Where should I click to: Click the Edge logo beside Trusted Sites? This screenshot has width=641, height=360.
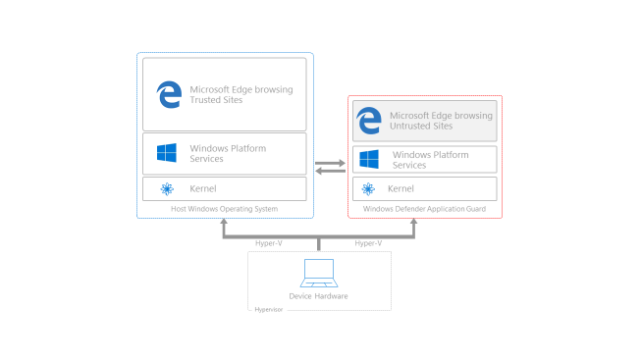[169, 94]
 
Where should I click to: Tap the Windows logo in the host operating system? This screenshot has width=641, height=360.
[167, 154]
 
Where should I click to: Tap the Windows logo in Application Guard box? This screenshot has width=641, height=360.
[369, 159]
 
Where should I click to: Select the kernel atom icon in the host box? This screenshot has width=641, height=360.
[167, 188]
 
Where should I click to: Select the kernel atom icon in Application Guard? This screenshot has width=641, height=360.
[369, 188]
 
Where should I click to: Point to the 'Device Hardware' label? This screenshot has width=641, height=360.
[318, 296]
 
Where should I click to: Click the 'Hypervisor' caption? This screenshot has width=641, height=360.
[268, 308]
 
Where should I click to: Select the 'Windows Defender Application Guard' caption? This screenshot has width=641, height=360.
[424, 209]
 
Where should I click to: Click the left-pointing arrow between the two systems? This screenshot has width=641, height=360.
[331, 171]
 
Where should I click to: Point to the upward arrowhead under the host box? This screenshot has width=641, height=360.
[225, 224]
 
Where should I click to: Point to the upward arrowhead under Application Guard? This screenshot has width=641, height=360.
[413, 224]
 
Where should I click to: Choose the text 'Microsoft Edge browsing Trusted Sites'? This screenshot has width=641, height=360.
[240, 94]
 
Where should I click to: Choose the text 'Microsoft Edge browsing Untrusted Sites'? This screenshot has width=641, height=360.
[441, 121]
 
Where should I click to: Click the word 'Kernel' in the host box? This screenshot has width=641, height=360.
[203, 188]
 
